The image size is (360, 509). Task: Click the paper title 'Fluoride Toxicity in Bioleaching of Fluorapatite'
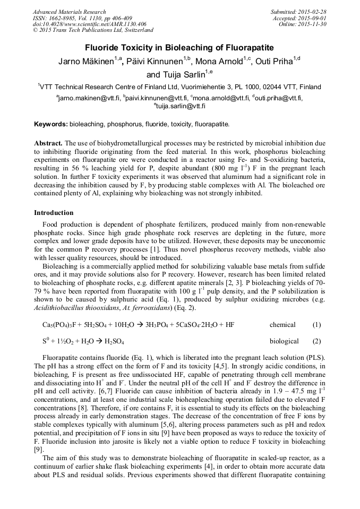coord(179,47)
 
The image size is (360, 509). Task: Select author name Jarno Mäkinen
coord(85,62)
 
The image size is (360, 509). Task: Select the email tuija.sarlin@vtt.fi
coord(181,106)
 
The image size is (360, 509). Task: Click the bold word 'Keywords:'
coord(51,124)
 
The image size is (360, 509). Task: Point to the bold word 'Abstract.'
coord(49,144)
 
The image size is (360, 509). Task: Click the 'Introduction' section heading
coord(54,213)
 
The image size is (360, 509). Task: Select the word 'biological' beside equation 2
coord(284,341)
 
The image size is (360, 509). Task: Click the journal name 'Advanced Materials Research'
coord(70,12)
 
